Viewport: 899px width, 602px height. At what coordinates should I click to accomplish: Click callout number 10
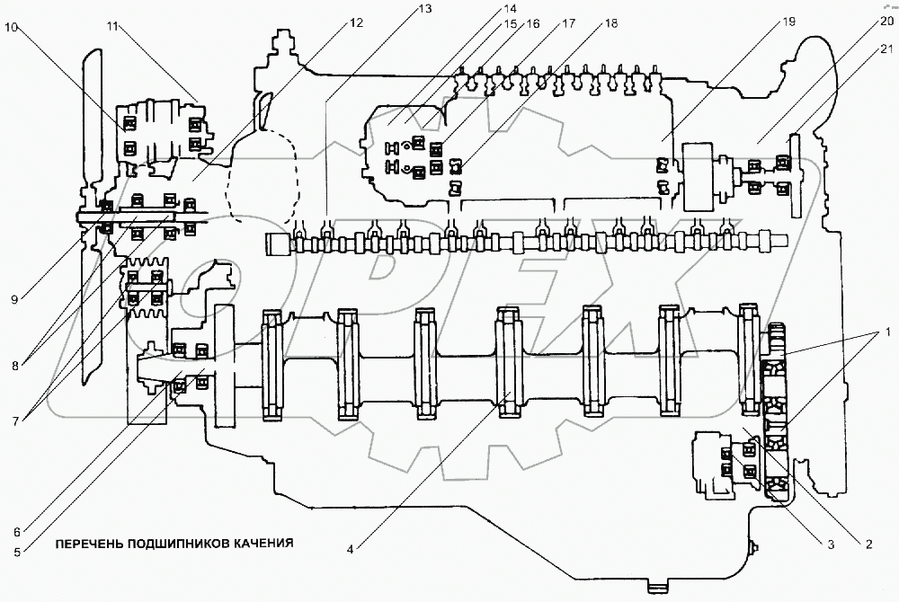click(12, 27)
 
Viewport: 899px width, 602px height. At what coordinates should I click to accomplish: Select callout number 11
click(111, 26)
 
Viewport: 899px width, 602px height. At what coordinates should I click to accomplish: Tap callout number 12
click(356, 22)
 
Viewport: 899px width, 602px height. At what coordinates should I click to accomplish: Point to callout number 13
click(425, 9)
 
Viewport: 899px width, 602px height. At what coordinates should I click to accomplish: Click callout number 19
click(789, 22)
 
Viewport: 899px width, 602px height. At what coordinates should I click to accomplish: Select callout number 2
click(868, 544)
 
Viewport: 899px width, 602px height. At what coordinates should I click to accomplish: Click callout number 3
click(831, 544)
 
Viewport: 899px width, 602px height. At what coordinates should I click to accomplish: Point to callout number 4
click(350, 549)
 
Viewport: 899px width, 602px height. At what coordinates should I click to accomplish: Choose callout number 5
click(17, 553)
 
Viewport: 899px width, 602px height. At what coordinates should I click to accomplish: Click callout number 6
click(17, 532)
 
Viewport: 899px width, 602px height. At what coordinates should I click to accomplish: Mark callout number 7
click(15, 421)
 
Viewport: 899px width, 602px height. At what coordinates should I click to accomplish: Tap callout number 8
click(15, 366)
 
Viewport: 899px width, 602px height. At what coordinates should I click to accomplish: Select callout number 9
click(15, 299)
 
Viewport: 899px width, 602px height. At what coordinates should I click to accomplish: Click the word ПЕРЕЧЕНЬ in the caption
click(89, 543)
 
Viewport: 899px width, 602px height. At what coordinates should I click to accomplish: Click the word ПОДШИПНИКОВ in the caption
click(178, 543)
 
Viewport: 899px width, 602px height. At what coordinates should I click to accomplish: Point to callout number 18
click(611, 23)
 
